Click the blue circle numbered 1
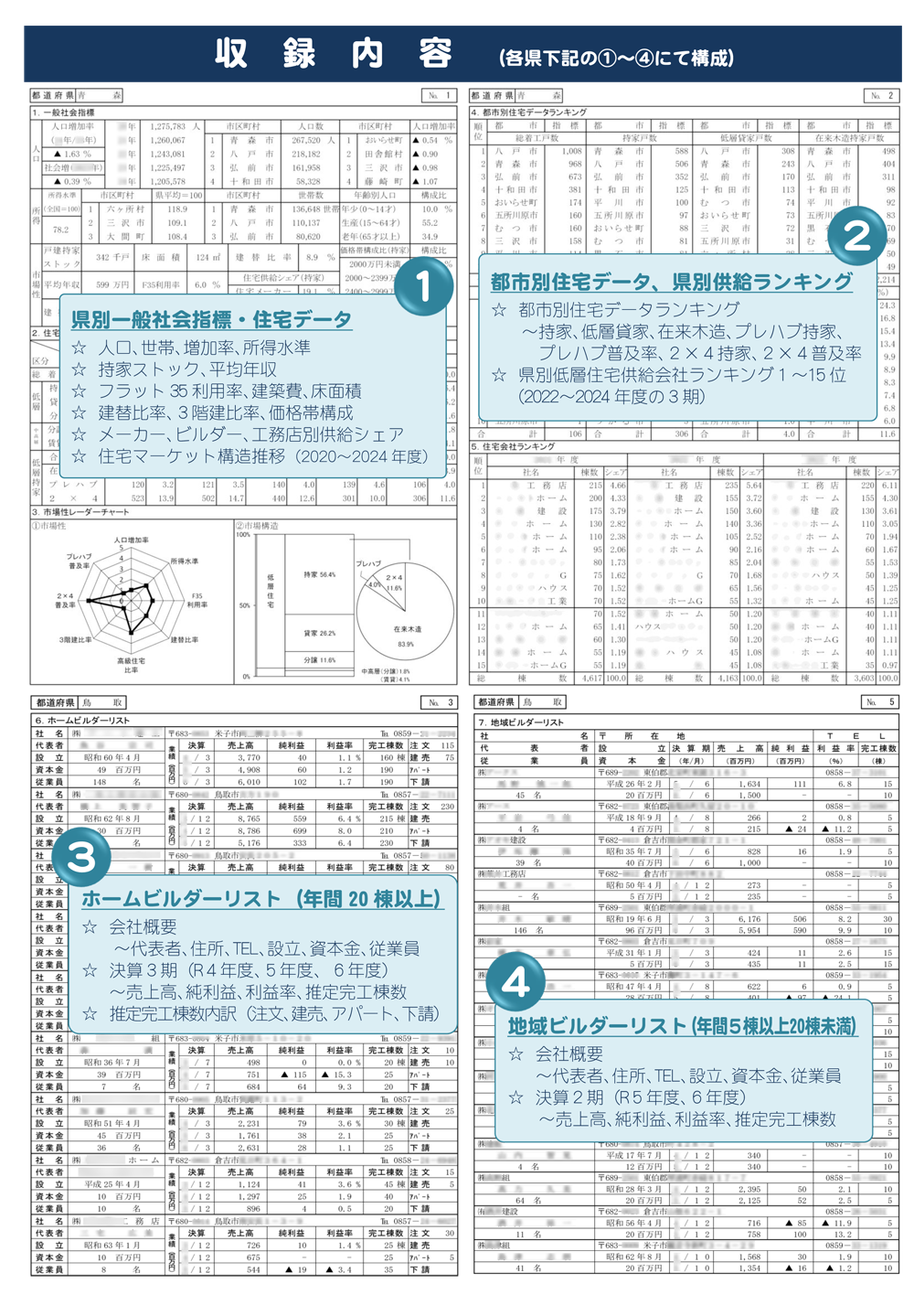422,286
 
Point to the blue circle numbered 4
515,983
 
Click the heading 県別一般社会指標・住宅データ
211,320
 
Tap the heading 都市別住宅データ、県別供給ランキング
671,282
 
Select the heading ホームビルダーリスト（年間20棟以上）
261,899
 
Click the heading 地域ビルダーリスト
682,1026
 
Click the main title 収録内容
334,53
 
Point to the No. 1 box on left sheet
439,95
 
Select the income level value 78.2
60,230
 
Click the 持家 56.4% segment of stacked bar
319,574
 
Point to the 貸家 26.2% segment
319,633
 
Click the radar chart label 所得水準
184,561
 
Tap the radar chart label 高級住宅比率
131,665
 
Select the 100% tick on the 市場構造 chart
243,535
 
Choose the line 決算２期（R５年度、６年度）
640,1096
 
